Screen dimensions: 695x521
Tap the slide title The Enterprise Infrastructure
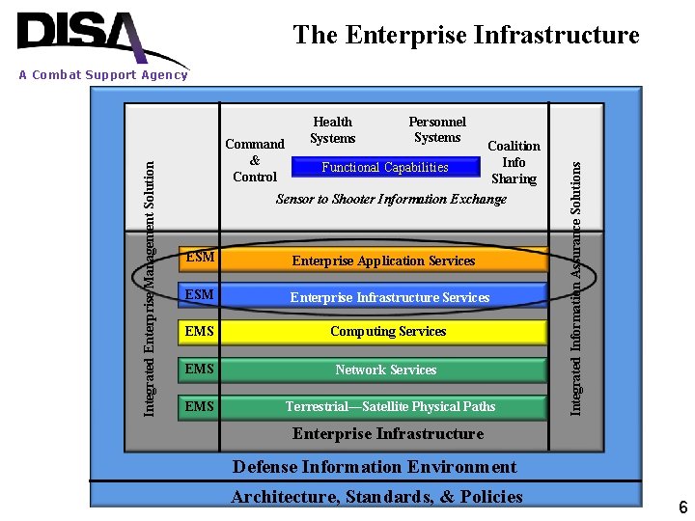click(465, 36)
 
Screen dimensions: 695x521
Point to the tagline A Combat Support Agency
click(103, 75)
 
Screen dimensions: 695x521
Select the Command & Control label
click(255, 160)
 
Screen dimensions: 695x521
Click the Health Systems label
click(333, 129)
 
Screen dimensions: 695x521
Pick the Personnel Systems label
click(437, 129)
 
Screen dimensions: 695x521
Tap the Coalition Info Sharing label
click(514, 162)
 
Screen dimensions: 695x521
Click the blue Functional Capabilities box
click(385, 168)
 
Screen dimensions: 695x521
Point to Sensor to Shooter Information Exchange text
click(391, 199)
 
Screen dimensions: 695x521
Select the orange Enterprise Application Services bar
click(384, 260)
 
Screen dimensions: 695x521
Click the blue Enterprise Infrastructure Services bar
click(389, 297)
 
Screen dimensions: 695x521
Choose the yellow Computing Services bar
click(388, 332)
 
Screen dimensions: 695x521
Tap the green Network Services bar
click(386, 370)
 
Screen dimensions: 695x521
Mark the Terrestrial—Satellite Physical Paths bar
click(390, 406)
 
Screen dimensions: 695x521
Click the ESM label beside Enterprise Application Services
click(199, 259)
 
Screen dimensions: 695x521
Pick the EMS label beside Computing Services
click(199, 332)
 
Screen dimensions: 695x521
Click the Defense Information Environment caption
click(375, 467)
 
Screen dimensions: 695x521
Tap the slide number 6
click(682, 507)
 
